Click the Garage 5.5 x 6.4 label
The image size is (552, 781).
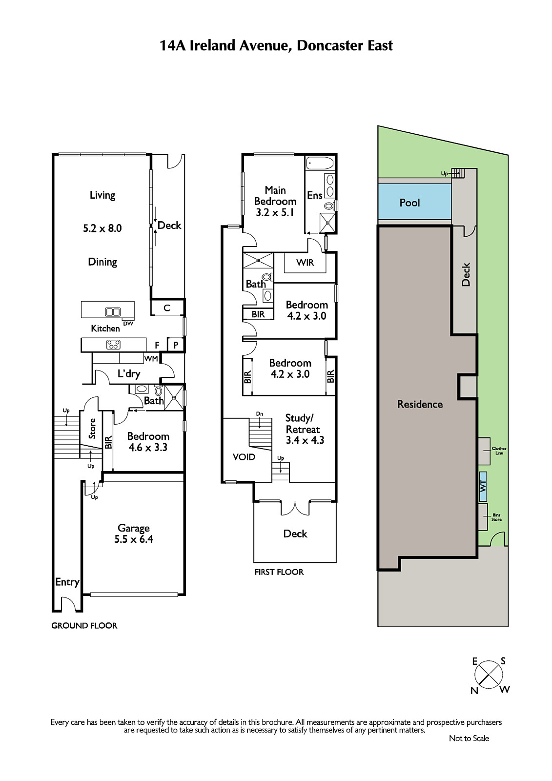tap(134, 534)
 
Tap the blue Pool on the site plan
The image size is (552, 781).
tap(415, 202)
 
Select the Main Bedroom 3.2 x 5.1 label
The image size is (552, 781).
tap(275, 201)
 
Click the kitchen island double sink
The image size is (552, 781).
tap(113, 312)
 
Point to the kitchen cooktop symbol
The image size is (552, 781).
tap(113, 345)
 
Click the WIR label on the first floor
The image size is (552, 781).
tap(305, 263)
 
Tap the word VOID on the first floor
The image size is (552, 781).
tap(244, 457)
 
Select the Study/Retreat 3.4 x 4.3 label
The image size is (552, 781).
tap(305, 429)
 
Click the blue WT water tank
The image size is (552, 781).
tap(483, 486)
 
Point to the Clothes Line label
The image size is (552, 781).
tap(499, 451)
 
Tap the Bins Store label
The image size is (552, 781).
tap(496, 517)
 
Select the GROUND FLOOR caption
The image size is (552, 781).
tap(84, 625)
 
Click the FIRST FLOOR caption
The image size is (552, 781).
tap(279, 572)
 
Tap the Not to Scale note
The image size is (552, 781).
tap(469, 738)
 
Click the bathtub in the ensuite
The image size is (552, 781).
tap(320, 163)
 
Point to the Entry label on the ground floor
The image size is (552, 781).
tap(67, 582)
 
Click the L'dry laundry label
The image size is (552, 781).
tap(129, 374)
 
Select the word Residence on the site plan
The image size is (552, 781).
tap(420, 404)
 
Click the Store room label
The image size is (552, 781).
tap(92, 429)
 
